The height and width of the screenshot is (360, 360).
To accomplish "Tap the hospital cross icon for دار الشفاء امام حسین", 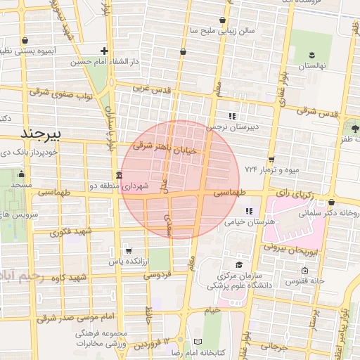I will (104, 51).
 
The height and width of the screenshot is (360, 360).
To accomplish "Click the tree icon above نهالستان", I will (312, 54).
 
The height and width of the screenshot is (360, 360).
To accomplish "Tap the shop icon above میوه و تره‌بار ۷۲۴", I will (271, 160).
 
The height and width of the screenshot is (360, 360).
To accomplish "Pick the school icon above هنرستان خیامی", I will (248, 210).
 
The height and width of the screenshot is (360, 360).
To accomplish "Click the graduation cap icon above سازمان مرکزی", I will (239, 265).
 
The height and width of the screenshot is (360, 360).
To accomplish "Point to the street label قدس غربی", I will (152, 89).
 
